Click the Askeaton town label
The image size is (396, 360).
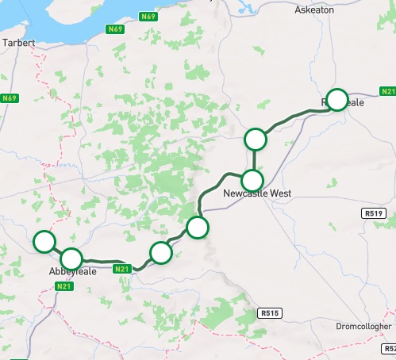[316, 10]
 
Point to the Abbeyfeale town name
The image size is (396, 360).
[71, 271]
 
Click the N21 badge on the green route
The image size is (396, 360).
[121, 270]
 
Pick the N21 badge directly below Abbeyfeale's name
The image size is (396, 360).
[65, 286]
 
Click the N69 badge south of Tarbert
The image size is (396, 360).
[10, 98]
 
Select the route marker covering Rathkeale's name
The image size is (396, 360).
[337, 100]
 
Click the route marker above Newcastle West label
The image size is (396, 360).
[252, 179]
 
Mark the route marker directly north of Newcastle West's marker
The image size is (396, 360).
[255, 140]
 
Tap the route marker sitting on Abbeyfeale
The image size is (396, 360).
[71, 258]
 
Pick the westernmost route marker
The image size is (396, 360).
[44, 242]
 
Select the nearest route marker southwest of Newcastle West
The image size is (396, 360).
[197, 228]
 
